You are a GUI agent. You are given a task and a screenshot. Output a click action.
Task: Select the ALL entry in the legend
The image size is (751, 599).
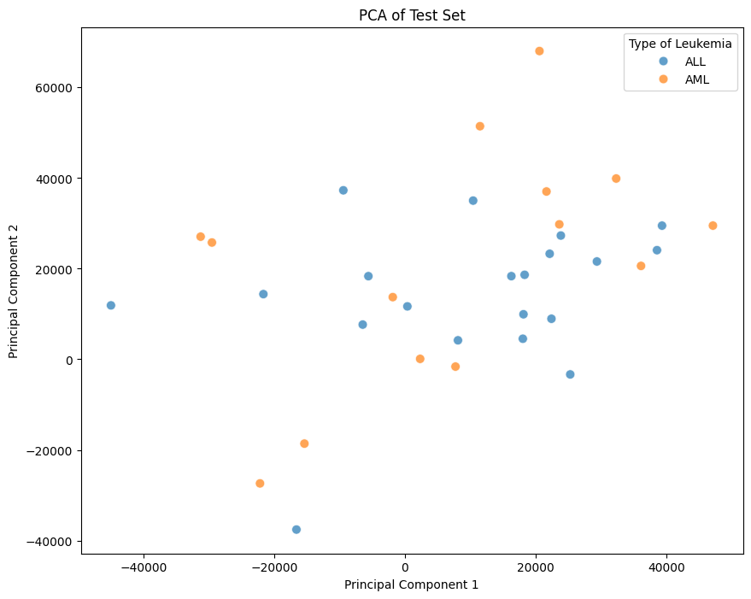point(695,62)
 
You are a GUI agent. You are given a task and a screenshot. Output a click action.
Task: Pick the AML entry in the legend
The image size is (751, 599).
point(696,80)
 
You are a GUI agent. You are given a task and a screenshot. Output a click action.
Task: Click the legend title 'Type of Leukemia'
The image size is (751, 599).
point(680,43)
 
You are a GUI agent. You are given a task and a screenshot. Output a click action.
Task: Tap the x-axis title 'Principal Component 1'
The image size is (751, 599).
point(411,584)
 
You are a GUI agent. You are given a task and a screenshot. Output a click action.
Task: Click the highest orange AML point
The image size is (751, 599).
point(539,51)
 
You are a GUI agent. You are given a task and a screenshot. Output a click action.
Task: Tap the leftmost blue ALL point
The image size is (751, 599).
point(111,305)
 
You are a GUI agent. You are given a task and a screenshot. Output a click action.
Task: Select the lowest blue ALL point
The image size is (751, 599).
point(296,530)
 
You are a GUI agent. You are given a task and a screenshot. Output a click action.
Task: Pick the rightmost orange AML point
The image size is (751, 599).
point(713,226)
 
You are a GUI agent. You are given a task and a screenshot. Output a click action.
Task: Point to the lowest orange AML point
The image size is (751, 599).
point(260,484)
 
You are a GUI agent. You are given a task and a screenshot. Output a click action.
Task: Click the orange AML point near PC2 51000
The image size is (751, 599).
point(479,126)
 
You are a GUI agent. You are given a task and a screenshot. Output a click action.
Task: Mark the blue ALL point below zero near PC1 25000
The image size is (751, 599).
point(570,374)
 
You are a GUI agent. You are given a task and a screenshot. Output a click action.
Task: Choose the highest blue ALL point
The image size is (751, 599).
point(343,191)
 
